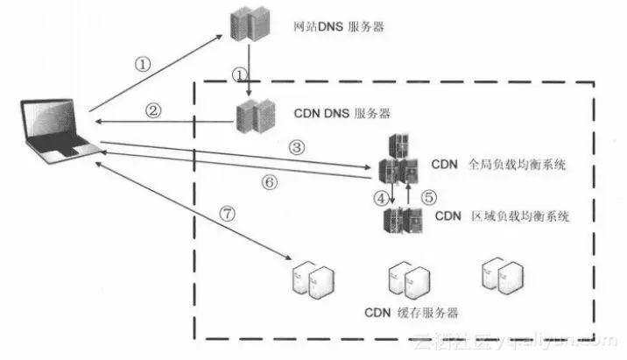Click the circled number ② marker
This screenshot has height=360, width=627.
pyautogui.click(x=153, y=111)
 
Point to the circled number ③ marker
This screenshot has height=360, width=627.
pyautogui.click(x=297, y=148)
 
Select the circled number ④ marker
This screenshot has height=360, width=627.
pyautogui.click(x=380, y=198)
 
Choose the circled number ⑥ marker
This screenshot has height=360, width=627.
pyautogui.click(x=269, y=182)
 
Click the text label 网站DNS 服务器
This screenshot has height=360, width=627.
pyautogui.click(x=339, y=27)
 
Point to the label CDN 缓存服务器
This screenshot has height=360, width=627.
pyautogui.click(x=412, y=313)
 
